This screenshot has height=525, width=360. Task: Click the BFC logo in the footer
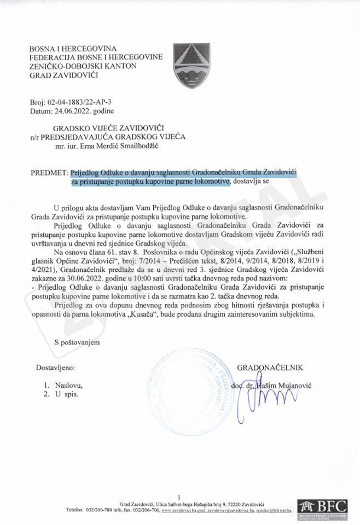tap(323, 508)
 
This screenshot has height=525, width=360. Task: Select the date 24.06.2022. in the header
tap(68, 110)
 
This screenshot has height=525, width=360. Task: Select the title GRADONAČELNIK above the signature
tap(270, 367)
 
